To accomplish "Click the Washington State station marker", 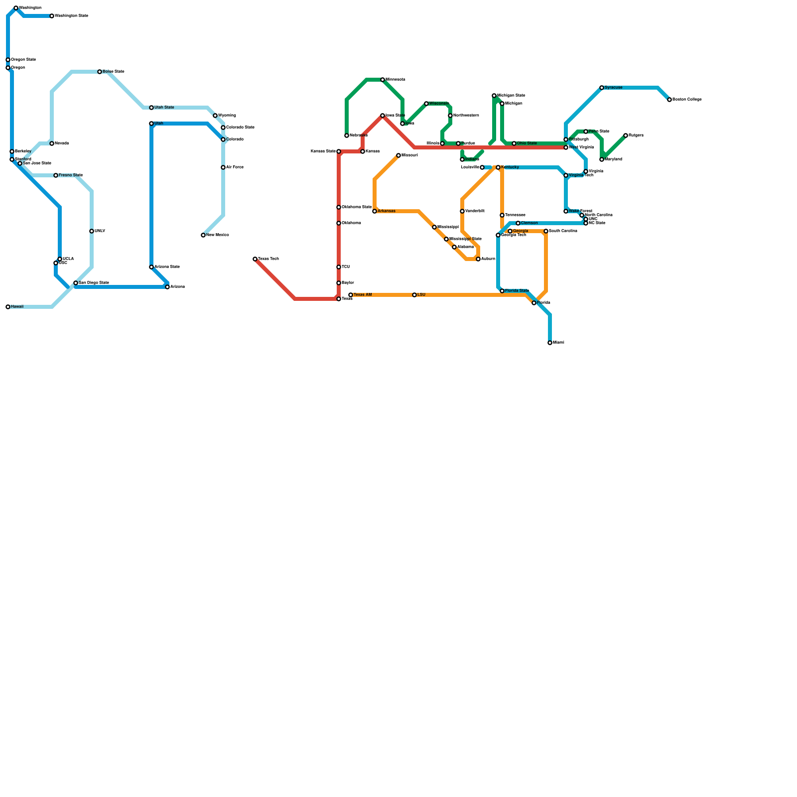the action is pos(52,16).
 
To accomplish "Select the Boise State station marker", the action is pos(100,72).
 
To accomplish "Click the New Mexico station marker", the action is pos(203,235).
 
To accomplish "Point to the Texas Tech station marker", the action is pos(255,259).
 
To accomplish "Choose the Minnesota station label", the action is pos(395,80).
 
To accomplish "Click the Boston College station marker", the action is pos(669,100).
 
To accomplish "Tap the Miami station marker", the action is pos(550,343).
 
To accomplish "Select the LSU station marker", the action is pos(414,295).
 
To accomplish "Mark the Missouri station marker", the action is pos(398,155).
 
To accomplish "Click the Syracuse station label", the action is pos(613,88).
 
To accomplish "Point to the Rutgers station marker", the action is pos(626,135).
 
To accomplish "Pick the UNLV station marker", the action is pos(92,231).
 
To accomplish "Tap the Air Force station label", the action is pos(235,167).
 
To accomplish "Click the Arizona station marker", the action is pos(167,287).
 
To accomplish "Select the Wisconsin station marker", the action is pos(426,104).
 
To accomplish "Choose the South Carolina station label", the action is pos(563,231).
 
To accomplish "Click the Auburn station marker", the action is pos(478,259).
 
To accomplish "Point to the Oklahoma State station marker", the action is pos(339,207).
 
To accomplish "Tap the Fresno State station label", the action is pos(70,175).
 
